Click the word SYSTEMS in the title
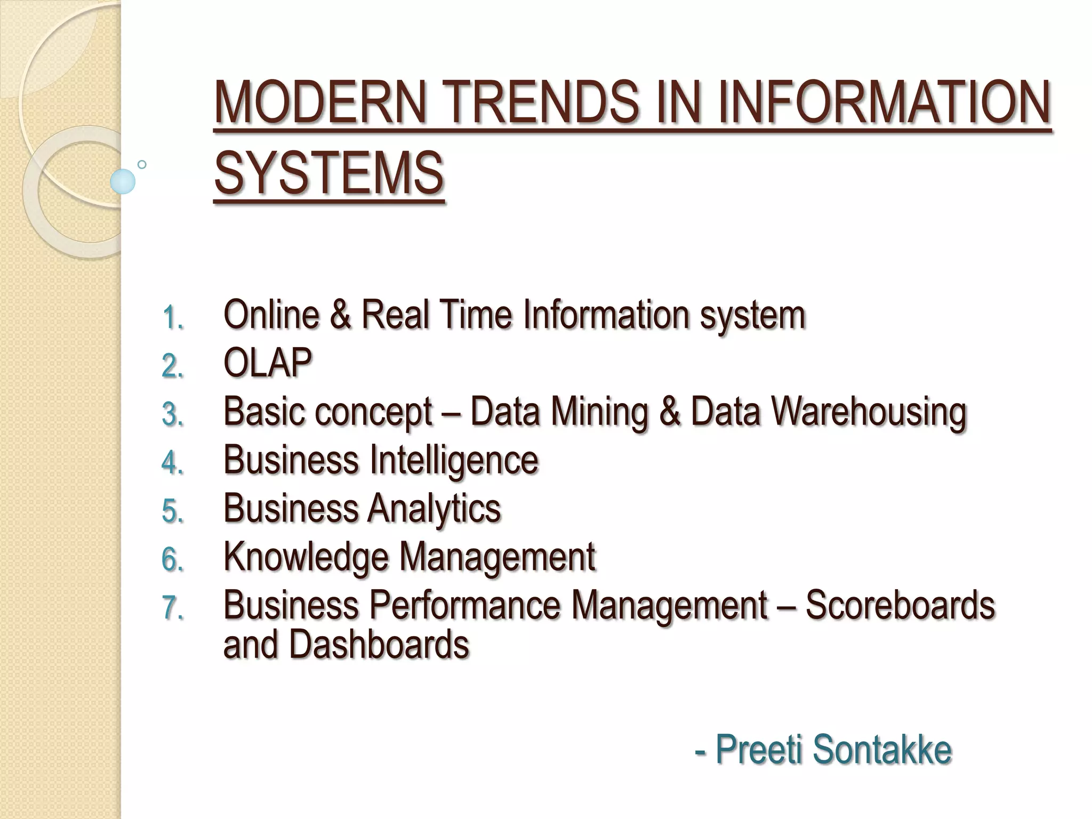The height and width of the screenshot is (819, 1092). [328, 173]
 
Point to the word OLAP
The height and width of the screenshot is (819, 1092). [268, 363]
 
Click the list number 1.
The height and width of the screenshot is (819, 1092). [172, 318]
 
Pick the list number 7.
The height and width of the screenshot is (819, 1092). [172, 608]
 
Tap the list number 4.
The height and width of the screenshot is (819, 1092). [172, 463]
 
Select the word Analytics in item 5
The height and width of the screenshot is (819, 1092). [434, 509]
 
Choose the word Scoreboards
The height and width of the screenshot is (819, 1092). [900, 605]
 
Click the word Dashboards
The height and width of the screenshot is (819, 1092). [379, 644]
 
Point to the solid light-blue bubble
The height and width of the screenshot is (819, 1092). [123, 182]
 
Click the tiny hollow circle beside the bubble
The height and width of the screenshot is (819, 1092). [142, 165]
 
